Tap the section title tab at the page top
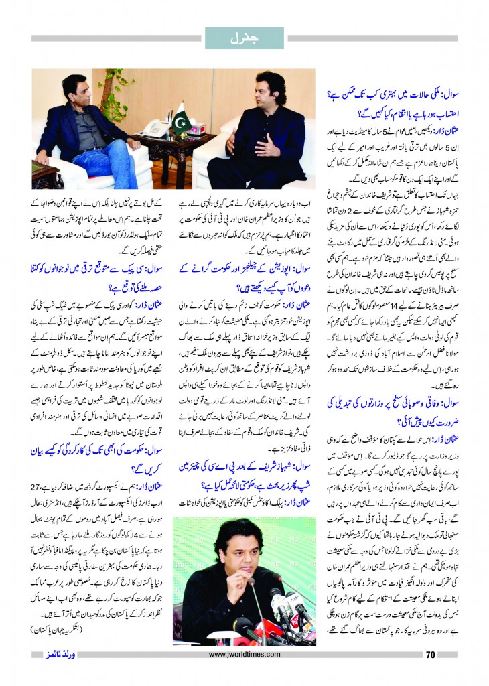pos(244,38)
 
